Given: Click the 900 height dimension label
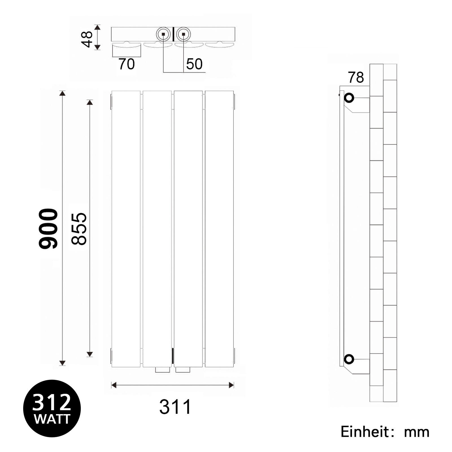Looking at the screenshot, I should click(x=48, y=229).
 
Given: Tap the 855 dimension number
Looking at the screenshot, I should click(x=79, y=229).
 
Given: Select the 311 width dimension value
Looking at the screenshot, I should click(x=175, y=407).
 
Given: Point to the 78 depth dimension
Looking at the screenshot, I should click(x=356, y=77).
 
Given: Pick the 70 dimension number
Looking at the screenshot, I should click(x=127, y=64).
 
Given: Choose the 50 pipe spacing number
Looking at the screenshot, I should click(x=194, y=64).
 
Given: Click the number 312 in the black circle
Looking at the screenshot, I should click(x=52, y=402).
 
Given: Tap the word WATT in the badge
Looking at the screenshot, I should click(x=52, y=419).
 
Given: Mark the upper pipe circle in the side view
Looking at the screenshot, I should click(x=349, y=98).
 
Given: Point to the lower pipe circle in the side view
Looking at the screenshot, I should click(x=349, y=359).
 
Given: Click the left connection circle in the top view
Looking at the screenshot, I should click(x=163, y=34).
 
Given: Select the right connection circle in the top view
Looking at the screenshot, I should click(x=184, y=34).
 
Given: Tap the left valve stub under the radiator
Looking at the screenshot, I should click(x=162, y=370).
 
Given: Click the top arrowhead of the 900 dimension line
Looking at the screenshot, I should click(x=62, y=93).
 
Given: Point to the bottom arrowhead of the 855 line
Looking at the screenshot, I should click(x=90, y=354).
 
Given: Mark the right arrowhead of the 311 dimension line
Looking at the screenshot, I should click(x=231, y=385).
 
